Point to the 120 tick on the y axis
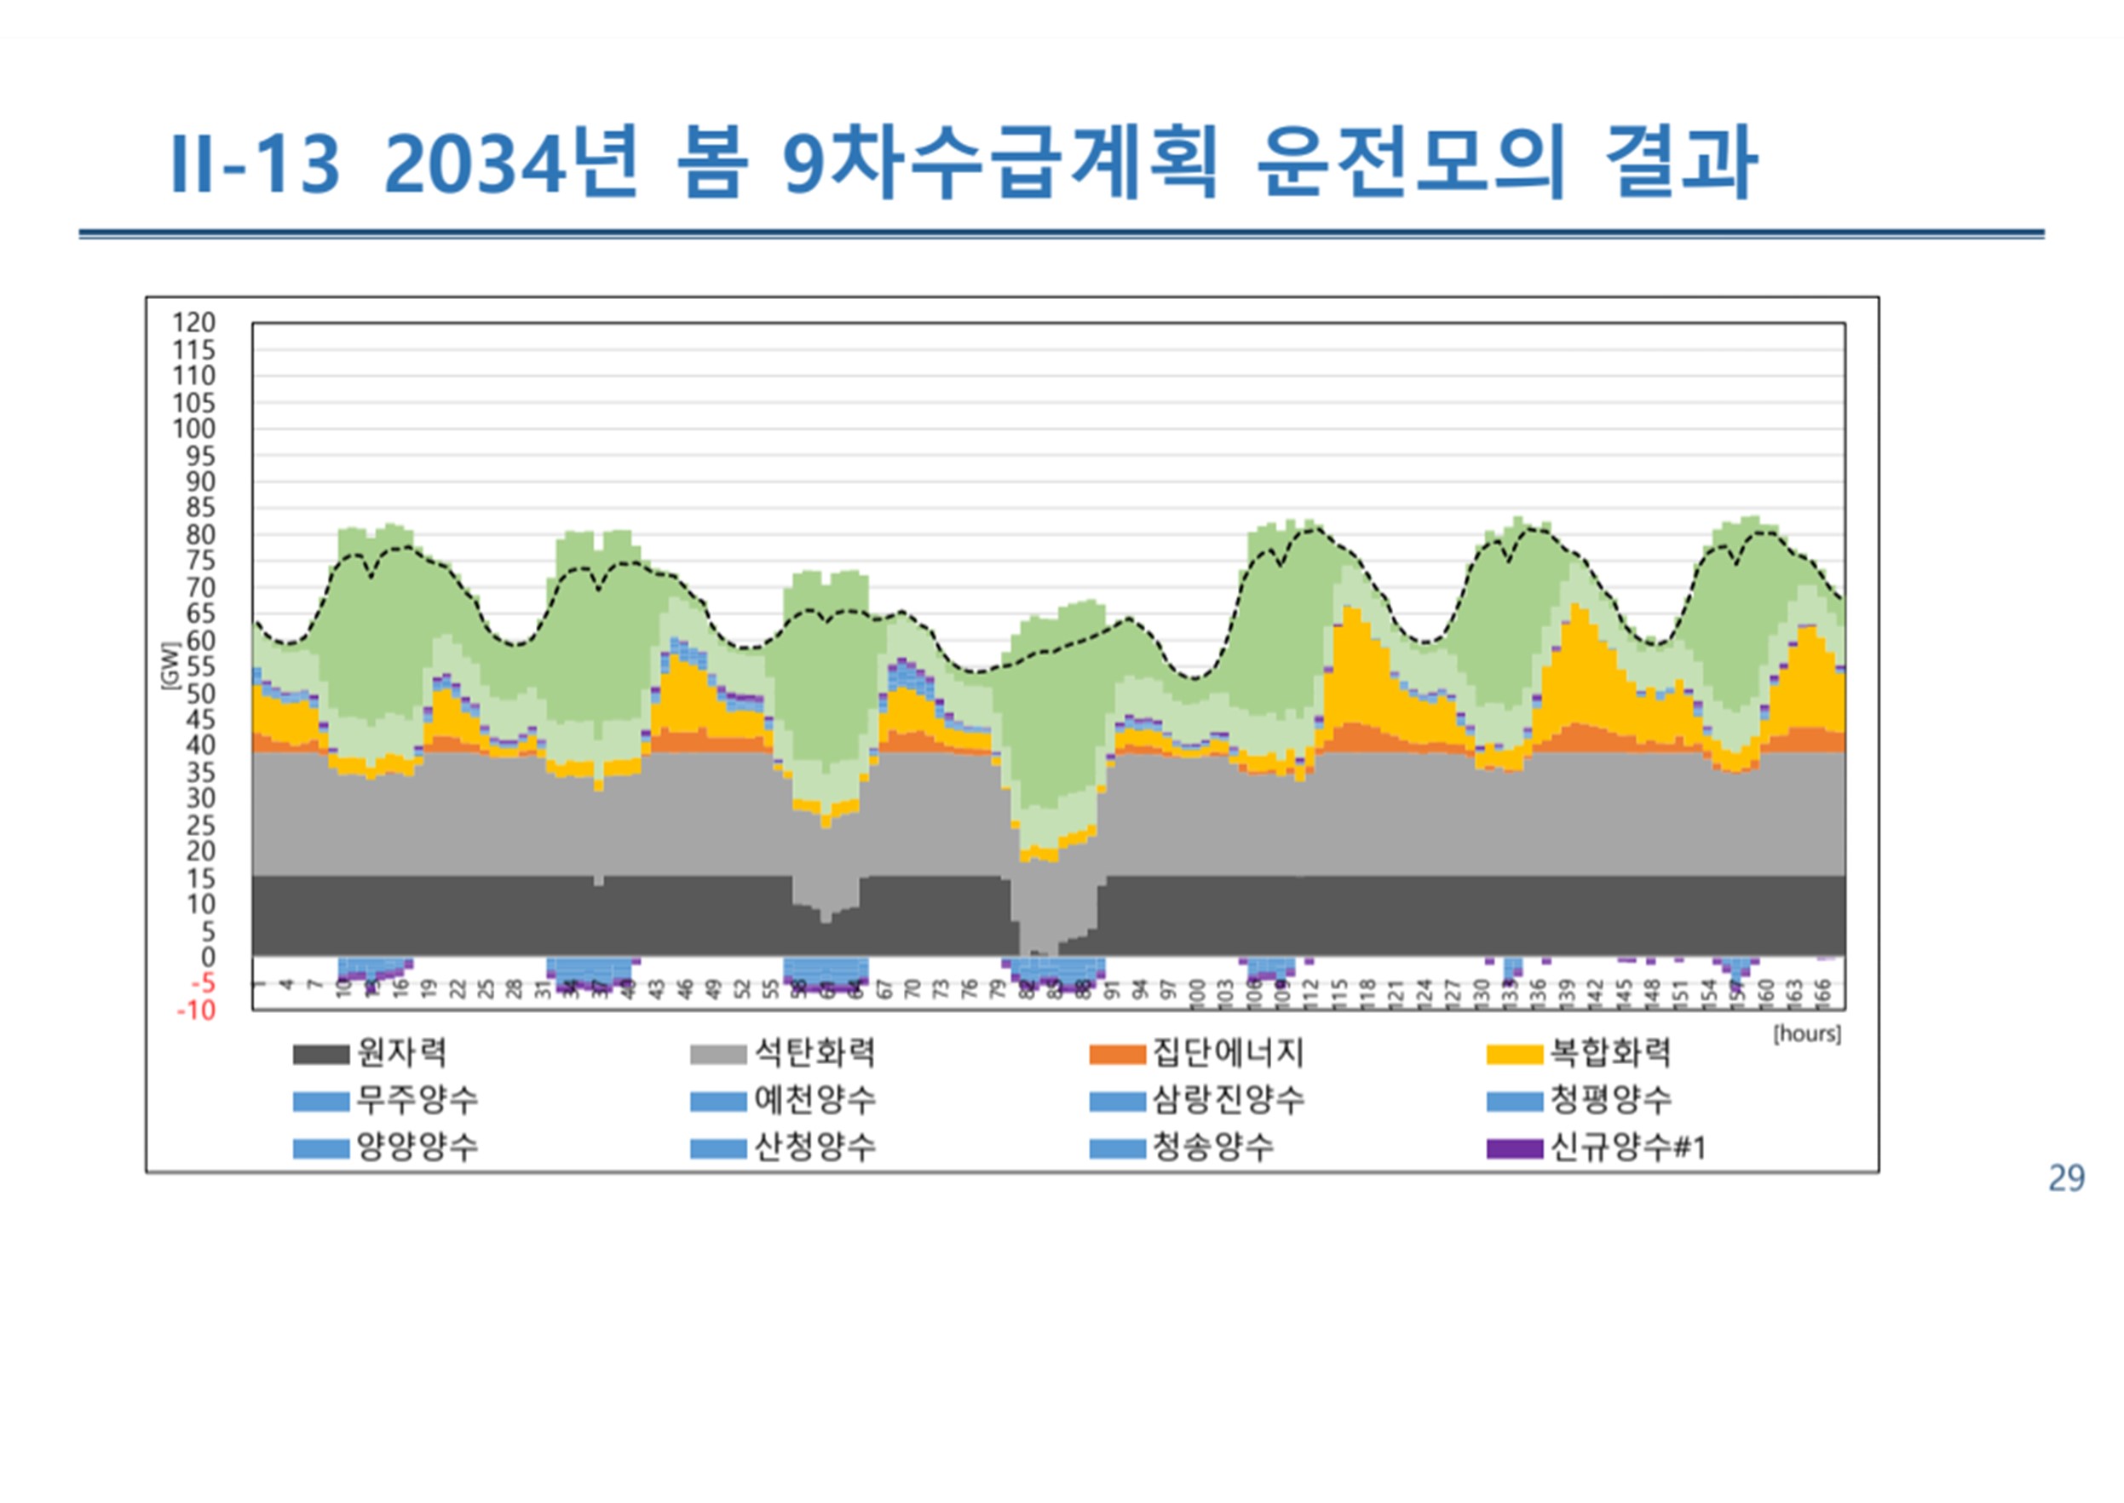193,323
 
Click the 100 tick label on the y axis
193,429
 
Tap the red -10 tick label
195,1011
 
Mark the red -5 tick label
202,984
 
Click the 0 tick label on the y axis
208,957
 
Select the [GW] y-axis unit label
170,665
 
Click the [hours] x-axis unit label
1806,1034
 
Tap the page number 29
2066,1178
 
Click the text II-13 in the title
255,164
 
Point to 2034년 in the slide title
511,163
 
